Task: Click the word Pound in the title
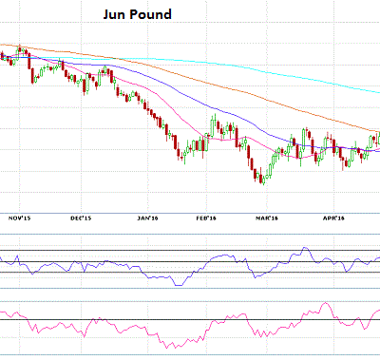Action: point(152,16)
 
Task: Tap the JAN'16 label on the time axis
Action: point(145,218)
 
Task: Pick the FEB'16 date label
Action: point(206,218)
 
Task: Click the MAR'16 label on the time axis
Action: point(266,218)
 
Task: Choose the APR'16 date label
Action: point(331,218)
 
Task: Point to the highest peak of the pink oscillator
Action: point(326,305)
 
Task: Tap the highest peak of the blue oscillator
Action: point(305,249)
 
